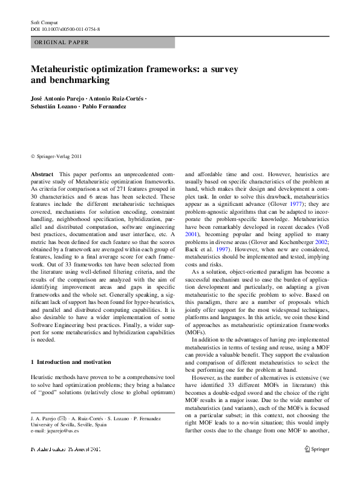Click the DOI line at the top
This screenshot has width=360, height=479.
[x=65, y=29]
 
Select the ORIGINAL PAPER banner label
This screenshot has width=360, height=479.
[x=62, y=42]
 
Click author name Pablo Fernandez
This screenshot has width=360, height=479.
[x=105, y=106]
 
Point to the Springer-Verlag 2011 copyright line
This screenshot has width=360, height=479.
[x=56, y=156]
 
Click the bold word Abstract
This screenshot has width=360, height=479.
[x=42, y=174]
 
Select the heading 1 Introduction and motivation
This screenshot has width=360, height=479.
[x=71, y=362]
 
